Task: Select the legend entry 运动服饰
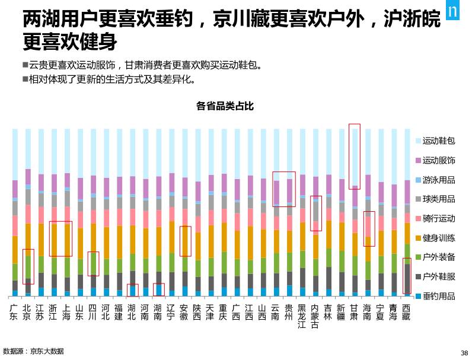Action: (x=438, y=160)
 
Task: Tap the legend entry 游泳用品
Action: (x=438, y=180)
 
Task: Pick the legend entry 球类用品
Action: (x=438, y=199)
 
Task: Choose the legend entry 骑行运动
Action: (x=438, y=218)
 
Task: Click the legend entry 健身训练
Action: (x=438, y=238)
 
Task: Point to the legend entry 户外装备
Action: (x=438, y=257)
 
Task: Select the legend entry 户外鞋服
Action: (x=438, y=276)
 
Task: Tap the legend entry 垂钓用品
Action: (x=438, y=296)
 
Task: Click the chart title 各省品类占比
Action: (x=225, y=106)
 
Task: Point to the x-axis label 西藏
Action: (x=406, y=312)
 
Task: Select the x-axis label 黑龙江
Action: (x=302, y=316)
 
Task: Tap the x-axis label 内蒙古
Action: (x=315, y=316)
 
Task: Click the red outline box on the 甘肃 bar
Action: (x=355, y=157)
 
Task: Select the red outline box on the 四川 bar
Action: (x=93, y=264)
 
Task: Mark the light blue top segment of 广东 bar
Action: (x=15, y=154)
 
